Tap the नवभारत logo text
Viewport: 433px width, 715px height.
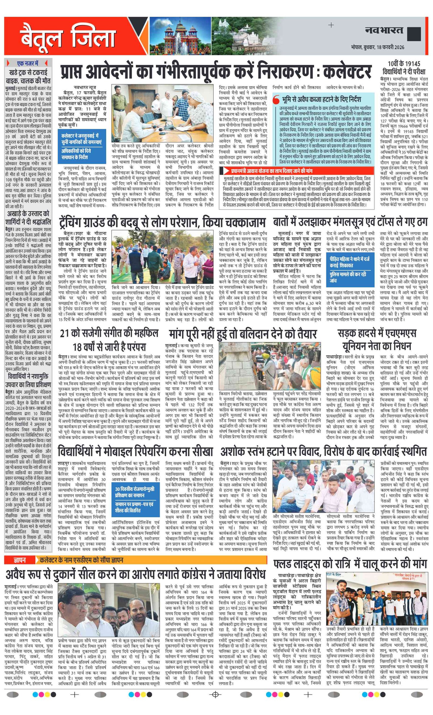(384, 31)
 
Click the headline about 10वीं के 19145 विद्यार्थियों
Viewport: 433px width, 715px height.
(404, 68)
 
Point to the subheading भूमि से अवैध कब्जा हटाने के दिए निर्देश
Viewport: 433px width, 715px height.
(321, 100)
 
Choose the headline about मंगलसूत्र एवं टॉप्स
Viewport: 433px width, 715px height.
(350, 222)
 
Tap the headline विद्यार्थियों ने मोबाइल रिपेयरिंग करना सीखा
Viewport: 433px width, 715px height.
(135, 452)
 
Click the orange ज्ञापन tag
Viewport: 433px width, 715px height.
(19, 560)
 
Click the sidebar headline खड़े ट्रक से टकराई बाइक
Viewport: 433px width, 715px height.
(28, 77)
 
